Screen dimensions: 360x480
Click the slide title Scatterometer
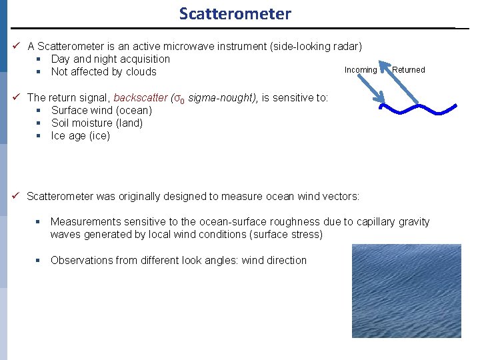(x=235, y=13)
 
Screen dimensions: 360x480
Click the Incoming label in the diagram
(x=361, y=70)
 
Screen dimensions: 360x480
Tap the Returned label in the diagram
(x=408, y=70)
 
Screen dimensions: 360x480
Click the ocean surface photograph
(x=406, y=291)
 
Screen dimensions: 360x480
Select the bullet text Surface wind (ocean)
(x=101, y=111)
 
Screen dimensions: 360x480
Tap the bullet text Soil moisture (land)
(x=97, y=123)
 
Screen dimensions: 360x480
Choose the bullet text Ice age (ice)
(x=80, y=136)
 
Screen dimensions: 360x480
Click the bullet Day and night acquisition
(x=110, y=59)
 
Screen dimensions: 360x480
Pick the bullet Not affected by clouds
(x=103, y=72)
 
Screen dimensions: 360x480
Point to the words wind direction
(x=274, y=261)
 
